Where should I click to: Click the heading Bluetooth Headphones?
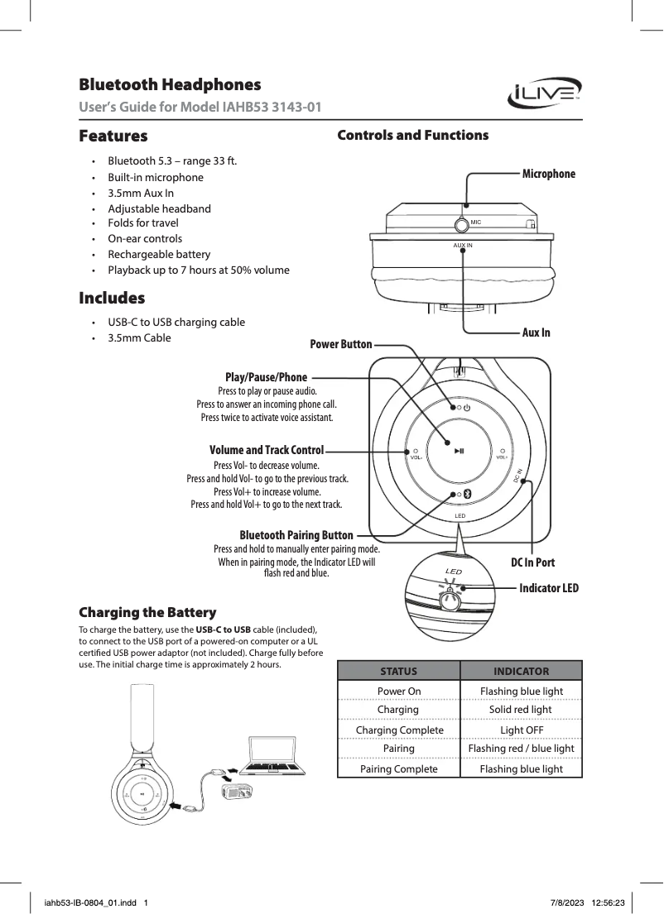(170, 85)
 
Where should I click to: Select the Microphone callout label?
(548, 174)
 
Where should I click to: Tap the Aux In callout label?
(536, 333)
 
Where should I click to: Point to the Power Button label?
(340, 344)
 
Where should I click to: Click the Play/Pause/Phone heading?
(266, 378)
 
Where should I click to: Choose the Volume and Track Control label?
(267, 451)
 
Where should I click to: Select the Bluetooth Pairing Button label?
(296, 536)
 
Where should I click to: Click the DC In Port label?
(532, 562)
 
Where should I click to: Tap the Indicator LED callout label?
(548, 589)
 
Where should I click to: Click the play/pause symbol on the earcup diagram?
(460, 451)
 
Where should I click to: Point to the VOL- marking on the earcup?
(416, 457)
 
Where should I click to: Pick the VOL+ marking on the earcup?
(503, 457)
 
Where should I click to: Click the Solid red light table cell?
(522, 710)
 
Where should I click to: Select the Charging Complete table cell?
(399, 730)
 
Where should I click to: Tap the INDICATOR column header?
(522, 671)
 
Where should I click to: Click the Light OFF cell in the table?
(522, 730)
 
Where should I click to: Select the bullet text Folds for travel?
(143, 223)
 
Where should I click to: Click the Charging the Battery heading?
(147, 613)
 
